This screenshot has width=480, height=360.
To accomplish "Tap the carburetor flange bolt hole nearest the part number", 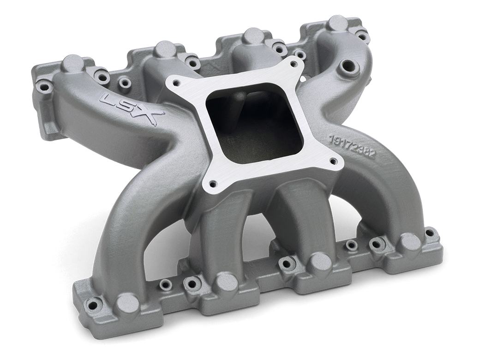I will [333, 161].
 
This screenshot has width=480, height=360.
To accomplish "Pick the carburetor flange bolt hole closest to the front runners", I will [211, 181].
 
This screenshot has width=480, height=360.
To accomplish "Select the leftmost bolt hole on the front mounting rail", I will [94, 303].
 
